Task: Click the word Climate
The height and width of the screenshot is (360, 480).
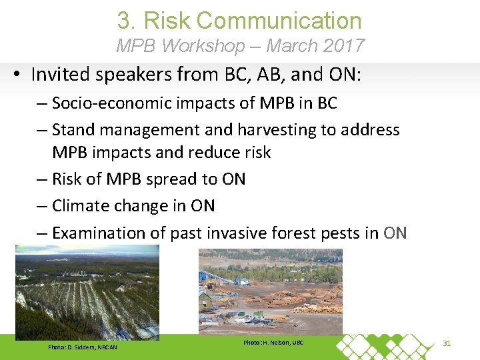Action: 80,206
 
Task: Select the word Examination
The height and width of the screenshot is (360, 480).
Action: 100,233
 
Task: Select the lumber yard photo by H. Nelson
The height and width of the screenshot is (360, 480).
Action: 270,291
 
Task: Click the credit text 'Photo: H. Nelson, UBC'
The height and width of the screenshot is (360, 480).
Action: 273,342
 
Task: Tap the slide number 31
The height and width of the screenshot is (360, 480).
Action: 447,343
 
